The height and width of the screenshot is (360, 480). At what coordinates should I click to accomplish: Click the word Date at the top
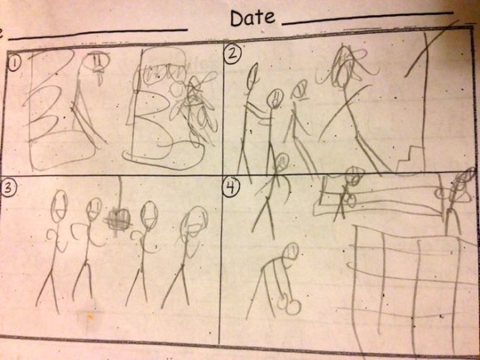point(252,17)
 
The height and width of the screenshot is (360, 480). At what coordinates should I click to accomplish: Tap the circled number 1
point(14,65)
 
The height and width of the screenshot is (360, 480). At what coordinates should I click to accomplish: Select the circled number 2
point(233,55)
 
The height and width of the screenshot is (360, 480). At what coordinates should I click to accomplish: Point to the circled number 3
point(8,188)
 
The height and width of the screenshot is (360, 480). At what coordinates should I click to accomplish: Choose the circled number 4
point(231,186)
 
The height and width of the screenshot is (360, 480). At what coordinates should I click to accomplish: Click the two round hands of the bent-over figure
point(289,305)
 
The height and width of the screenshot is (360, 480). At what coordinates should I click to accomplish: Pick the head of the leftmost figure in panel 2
point(252,75)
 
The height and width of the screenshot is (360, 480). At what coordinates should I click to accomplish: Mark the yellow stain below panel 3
point(90,317)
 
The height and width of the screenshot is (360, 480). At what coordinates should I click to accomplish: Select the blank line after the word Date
point(367,18)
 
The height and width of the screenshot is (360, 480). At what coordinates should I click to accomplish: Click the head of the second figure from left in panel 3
point(94,209)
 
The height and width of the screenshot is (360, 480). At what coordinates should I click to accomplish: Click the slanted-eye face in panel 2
point(300,89)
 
